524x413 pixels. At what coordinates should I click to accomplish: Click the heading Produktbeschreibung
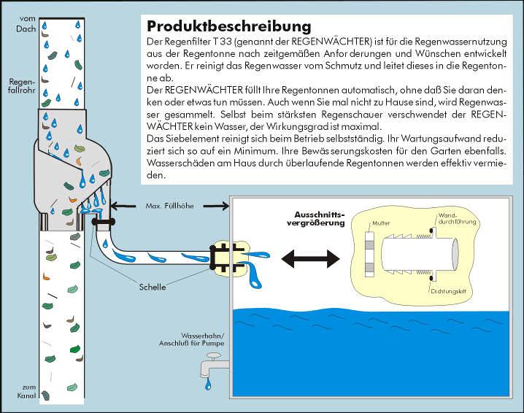pyautogui.click(x=228, y=28)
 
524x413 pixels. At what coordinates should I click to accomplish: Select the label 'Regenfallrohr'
pyautogui.click(x=19, y=86)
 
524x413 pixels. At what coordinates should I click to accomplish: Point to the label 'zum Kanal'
pyautogui.click(x=18, y=391)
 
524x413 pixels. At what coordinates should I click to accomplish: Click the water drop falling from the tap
pyautogui.click(x=209, y=382)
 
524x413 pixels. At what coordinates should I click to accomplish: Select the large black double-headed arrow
pyautogui.click(x=312, y=258)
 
